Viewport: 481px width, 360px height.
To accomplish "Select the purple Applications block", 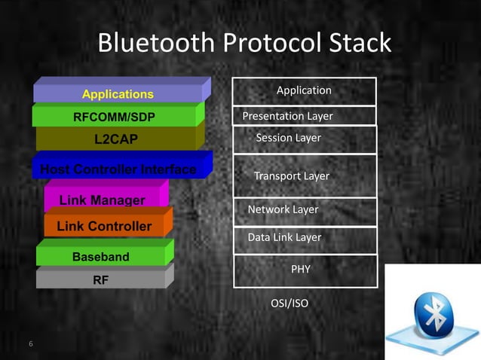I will [x=118, y=94].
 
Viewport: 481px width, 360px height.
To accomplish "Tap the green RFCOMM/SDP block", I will [x=117, y=117].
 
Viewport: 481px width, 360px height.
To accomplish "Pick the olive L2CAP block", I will [x=116, y=139].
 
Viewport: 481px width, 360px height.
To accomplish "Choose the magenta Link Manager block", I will [x=103, y=200].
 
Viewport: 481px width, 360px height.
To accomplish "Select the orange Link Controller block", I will [x=104, y=226].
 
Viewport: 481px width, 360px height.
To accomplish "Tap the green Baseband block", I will [x=101, y=257].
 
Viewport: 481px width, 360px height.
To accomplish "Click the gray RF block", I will [x=100, y=279].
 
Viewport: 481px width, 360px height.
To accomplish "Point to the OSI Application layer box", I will [x=304, y=90].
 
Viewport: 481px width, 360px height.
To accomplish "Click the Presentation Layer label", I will [x=287, y=116].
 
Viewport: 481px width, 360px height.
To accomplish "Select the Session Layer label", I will [x=288, y=138].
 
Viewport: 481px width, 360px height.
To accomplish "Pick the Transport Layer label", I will [x=292, y=175].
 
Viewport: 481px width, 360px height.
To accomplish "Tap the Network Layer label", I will [x=283, y=209].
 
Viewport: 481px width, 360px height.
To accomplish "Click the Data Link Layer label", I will [x=284, y=237].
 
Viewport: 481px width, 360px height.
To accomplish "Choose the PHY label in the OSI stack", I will [x=301, y=269].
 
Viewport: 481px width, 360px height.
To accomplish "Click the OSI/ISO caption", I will [x=290, y=304].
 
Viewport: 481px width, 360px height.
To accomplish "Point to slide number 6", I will [x=31, y=344].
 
